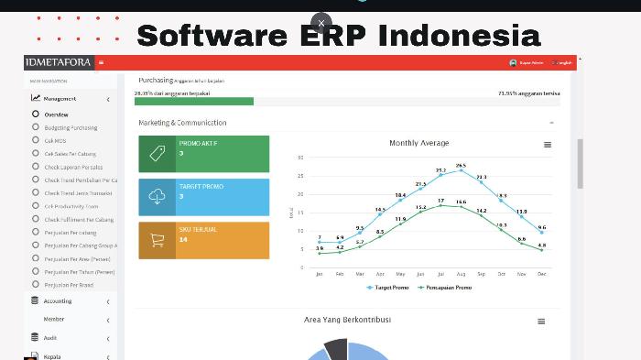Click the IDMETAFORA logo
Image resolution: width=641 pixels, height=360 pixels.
(x=59, y=62)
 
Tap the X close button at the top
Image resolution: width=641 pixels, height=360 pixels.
(x=320, y=23)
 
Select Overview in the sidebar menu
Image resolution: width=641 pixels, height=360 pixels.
(x=56, y=115)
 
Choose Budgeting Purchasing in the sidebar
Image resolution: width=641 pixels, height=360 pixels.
(x=71, y=127)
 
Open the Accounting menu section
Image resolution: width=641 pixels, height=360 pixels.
(x=58, y=300)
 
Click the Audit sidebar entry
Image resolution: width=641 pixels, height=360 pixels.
(x=50, y=338)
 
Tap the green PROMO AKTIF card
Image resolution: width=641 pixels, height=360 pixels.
(x=203, y=154)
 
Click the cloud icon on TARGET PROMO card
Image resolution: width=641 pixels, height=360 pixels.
(x=157, y=197)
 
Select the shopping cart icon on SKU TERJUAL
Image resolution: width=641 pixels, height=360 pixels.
(x=157, y=240)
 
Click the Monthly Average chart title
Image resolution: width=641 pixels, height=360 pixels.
(x=418, y=143)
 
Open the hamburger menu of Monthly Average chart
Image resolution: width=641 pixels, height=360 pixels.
(x=548, y=145)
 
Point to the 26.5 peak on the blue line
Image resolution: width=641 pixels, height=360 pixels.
(x=461, y=171)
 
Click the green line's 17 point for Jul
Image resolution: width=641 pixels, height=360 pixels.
(x=440, y=205)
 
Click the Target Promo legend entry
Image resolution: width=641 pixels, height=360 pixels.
(x=389, y=288)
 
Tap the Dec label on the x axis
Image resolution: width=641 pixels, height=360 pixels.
(x=541, y=274)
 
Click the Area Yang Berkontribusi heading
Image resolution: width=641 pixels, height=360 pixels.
(x=347, y=320)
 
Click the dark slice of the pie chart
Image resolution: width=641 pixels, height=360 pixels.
(x=336, y=349)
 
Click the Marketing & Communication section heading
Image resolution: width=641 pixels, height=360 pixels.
(x=182, y=122)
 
